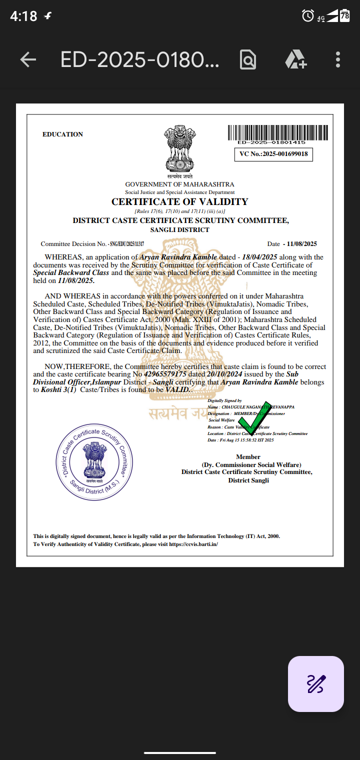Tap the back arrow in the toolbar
tap(28, 60)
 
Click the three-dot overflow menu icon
tap(338, 60)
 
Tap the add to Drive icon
tap(295, 60)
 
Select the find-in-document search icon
tap(248, 60)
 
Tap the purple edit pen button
tap(316, 683)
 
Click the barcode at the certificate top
tap(278, 133)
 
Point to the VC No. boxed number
tap(273, 154)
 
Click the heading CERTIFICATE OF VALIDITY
tap(179, 202)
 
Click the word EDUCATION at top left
tap(63, 134)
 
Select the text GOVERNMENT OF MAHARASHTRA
tap(179, 184)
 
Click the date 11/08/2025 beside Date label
tap(301, 244)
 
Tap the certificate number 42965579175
tap(165, 374)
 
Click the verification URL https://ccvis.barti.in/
tap(193, 544)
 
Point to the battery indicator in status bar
tap(344, 16)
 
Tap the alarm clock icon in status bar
tap(307, 16)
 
